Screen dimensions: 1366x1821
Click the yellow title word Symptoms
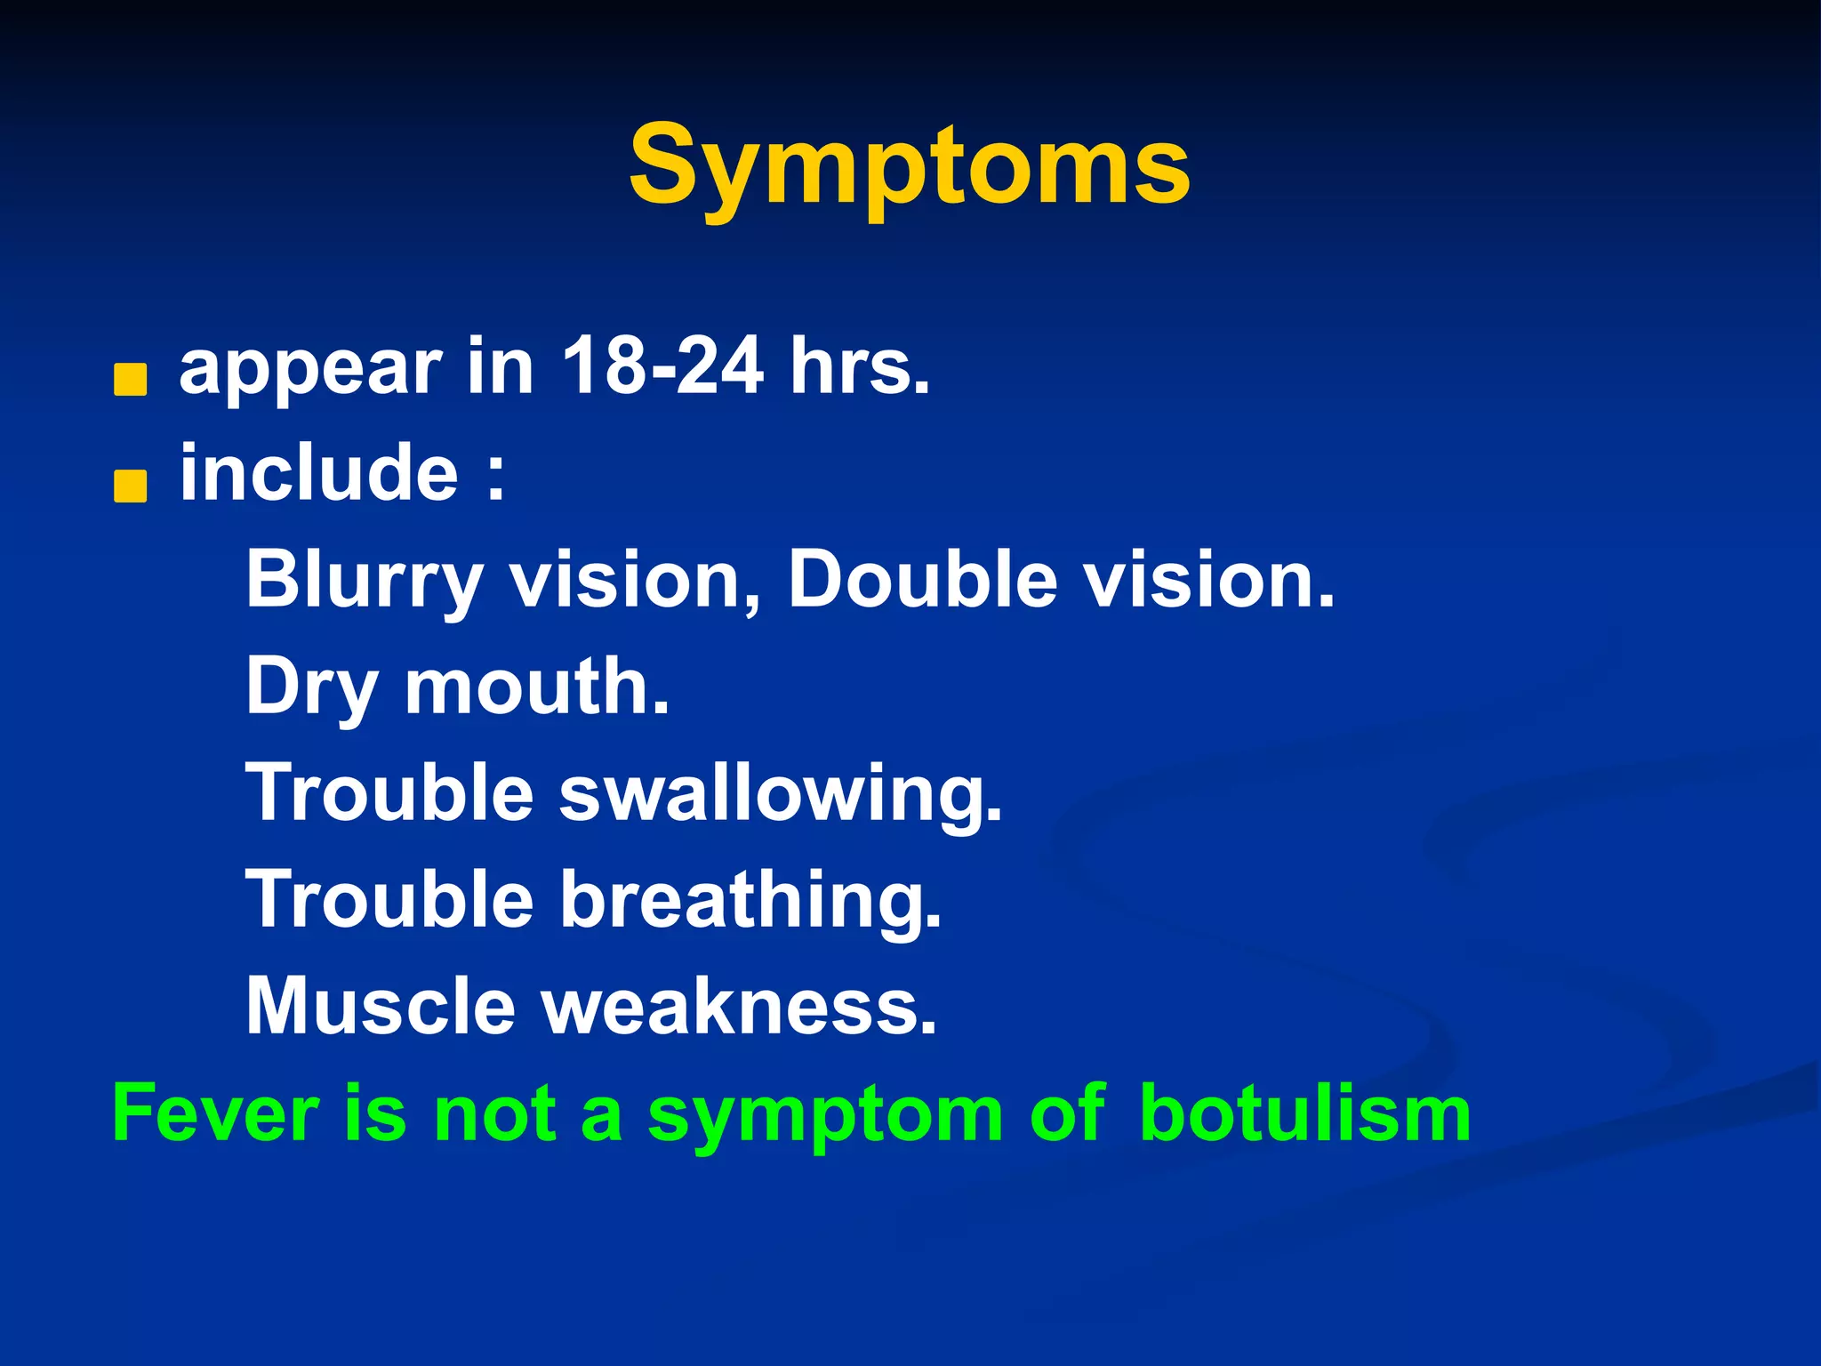point(909,166)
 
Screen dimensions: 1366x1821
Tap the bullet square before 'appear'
point(131,380)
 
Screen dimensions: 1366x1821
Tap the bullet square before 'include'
point(131,486)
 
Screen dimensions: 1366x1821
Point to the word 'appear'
point(310,372)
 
